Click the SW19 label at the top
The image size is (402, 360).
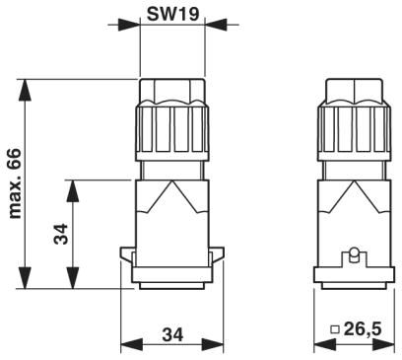[x=172, y=15]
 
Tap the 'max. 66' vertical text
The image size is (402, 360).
[x=15, y=183]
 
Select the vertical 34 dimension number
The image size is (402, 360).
[x=61, y=234]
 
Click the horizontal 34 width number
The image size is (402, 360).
[x=173, y=335]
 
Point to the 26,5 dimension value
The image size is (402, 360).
[x=363, y=328]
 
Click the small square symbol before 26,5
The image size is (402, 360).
[x=335, y=329]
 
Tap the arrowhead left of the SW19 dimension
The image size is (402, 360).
[x=129, y=25]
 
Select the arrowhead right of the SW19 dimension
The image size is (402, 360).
[x=216, y=25]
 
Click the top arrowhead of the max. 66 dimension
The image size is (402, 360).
[x=25, y=90]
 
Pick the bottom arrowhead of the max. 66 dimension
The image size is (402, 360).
[x=25, y=278]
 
